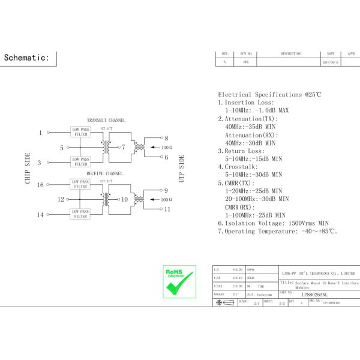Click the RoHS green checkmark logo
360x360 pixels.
pyautogui.click(x=179, y=281)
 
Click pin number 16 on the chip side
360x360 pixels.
pyautogui.click(x=40, y=185)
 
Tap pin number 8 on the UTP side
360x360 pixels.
pyautogui.click(x=166, y=138)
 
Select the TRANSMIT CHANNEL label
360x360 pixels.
pyautogui.click(x=106, y=121)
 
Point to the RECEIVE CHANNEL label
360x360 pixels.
pyautogui.click(x=105, y=173)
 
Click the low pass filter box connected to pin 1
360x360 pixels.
pyautogui.click(x=81, y=132)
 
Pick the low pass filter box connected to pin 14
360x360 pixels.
pyautogui.click(x=81, y=214)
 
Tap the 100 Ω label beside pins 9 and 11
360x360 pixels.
pyautogui.click(x=167, y=200)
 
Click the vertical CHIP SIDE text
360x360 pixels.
pyautogui.click(x=28, y=169)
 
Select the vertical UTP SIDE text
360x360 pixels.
pyautogui.click(x=181, y=169)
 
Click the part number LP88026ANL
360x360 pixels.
pyautogui.click(x=314, y=295)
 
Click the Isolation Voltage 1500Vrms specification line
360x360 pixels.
pyautogui.click(x=273, y=223)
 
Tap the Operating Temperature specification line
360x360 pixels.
pyautogui.click(x=277, y=232)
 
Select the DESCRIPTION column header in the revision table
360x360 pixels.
pyautogui.click(x=290, y=54)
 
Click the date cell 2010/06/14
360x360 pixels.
pyautogui.click(x=331, y=62)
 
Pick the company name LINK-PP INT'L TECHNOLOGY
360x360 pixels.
pyautogui.click(x=318, y=273)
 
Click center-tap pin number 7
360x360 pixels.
pyautogui.click(x=123, y=147)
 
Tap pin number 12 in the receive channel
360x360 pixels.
pyautogui.click(x=61, y=200)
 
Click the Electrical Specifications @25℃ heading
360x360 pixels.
pyautogui.click(x=269, y=95)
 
